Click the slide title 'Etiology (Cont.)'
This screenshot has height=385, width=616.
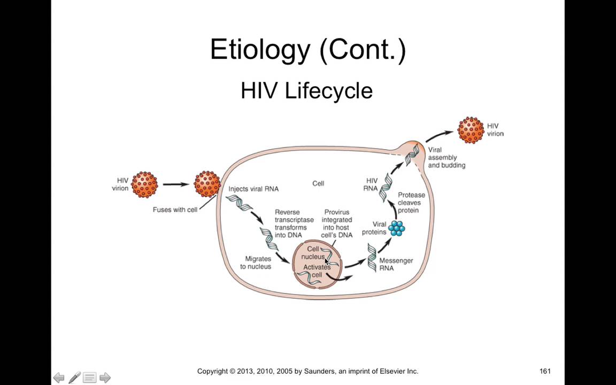(x=307, y=50)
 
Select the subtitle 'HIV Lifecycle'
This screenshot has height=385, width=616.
(x=306, y=90)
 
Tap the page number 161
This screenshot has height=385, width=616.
(x=545, y=371)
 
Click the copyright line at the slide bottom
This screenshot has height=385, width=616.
(x=307, y=371)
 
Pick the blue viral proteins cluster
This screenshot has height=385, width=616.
(x=396, y=228)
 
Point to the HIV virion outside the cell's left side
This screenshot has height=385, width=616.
(x=144, y=184)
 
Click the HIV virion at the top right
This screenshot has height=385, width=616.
(x=471, y=130)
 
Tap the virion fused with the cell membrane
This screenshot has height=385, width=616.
(x=207, y=184)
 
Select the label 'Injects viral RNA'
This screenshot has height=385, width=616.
(x=253, y=189)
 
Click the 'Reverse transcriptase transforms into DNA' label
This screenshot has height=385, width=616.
(x=294, y=224)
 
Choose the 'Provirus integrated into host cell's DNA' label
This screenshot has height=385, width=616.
(x=337, y=224)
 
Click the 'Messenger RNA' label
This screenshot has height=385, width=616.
(x=396, y=264)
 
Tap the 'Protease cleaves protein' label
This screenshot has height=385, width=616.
(x=411, y=203)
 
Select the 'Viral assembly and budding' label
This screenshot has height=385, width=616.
(x=446, y=158)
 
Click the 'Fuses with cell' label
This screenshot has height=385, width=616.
(x=175, y=210)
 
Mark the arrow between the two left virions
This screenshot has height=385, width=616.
(x=176, y=184)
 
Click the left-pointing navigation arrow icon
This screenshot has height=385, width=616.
(x=59, y=378)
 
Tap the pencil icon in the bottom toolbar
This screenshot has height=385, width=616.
(x=74, y=378)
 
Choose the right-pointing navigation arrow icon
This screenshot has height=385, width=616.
(x=105, y=378)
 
